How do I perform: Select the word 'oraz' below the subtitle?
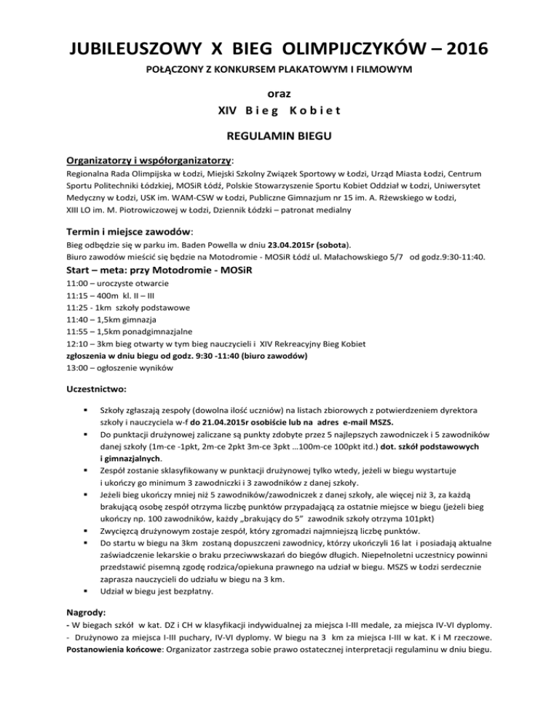click(279, 95)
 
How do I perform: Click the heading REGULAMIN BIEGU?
click(279, 135)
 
